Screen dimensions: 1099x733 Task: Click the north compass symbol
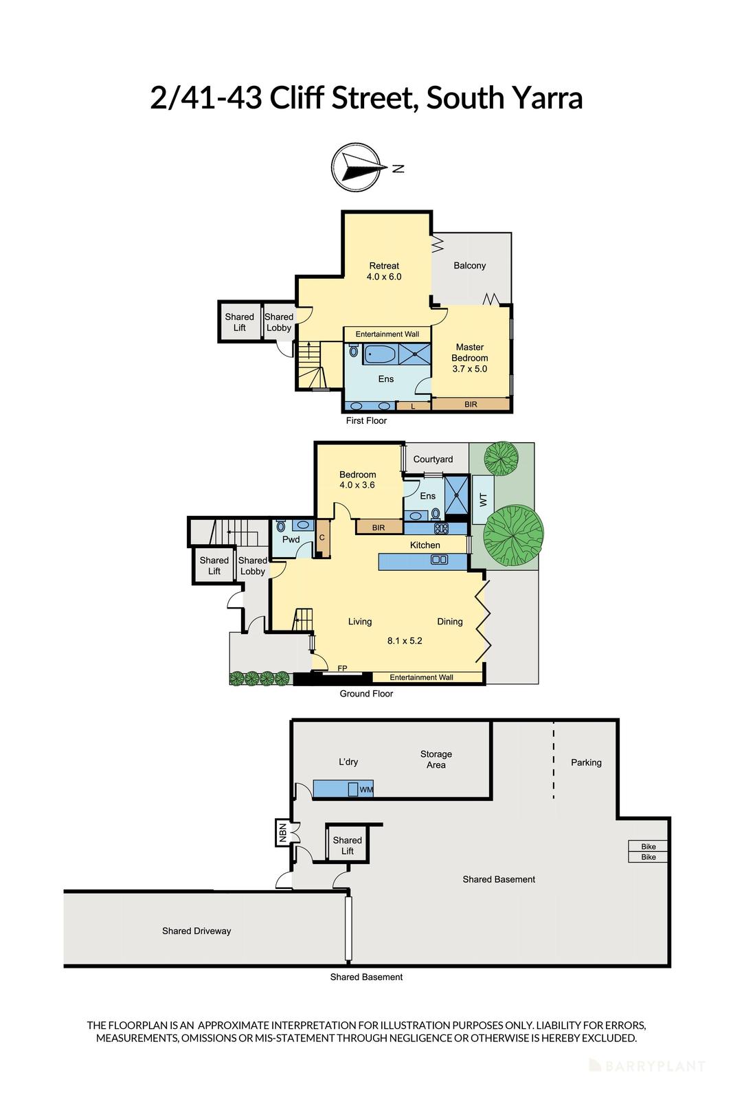pos(355,167)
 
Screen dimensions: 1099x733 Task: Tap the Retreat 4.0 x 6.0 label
pos(384,271)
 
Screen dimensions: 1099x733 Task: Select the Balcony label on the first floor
pos(469,266)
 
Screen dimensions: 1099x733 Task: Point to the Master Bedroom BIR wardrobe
pos(471,405)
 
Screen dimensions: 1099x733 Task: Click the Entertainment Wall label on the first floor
pos(387,335)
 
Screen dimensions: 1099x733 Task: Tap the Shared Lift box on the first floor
pos(240,322)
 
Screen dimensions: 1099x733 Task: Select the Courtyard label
pos(433,460)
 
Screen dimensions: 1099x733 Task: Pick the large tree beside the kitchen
pos(513,534)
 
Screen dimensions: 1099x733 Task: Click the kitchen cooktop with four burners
pos(441,529)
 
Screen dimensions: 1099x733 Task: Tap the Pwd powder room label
pos(291,540)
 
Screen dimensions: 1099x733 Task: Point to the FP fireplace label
pos(342,668)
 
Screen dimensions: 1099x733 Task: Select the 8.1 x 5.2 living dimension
pos(405,641)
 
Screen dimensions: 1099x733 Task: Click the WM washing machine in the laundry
pos(365,790)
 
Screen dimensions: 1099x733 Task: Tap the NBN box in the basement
pos(282,832)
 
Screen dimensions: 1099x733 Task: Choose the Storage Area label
pos(436,760)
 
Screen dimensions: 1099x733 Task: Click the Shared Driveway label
pos(196,931)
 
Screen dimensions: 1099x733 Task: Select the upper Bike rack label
pos(648,847)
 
